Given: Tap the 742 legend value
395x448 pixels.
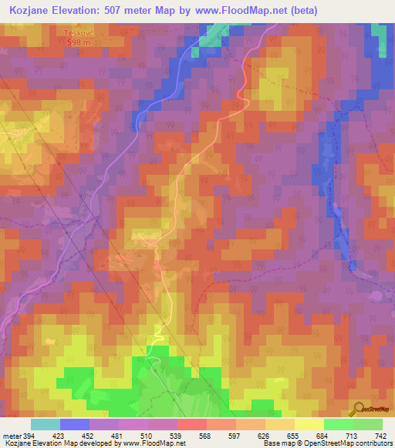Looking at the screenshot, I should tap(381, 435).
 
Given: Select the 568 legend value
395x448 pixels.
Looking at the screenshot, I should tap(206, 435).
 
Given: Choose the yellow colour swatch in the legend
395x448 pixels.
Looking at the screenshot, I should tap(309, 424).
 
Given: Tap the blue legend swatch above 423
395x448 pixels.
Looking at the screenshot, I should tap(74, 424).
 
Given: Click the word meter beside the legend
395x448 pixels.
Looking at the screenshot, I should tap(9, 435).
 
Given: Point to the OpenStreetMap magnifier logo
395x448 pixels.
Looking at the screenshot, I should tap(358, 409).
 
